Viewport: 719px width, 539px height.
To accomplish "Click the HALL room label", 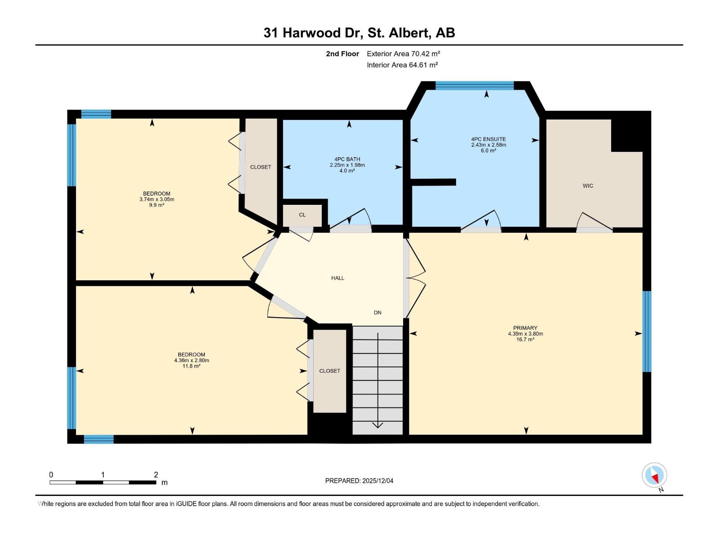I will [x=337, y=278].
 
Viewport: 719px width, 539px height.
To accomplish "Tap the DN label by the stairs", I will [x=377, y=313].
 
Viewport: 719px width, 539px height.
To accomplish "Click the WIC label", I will [x=588, y=186].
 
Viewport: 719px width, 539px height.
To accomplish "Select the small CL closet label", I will [x=302, y=215].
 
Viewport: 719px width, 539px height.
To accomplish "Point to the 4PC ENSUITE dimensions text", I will [x=488, y=145].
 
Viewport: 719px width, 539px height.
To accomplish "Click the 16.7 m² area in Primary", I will [x=525, y=340].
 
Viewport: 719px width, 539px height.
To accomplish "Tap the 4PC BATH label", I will [x=347, y=159].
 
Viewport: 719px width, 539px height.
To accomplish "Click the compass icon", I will [x=654, y=475].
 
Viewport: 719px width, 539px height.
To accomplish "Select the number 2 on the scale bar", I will [x=156, y=475].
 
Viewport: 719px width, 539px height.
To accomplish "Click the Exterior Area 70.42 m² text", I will [x=403, y=53].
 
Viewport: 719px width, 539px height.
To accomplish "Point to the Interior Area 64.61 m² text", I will [x=402, y=65].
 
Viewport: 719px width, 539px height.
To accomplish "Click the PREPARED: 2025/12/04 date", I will [x=359, y=481].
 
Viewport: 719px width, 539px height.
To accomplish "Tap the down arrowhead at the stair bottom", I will [x=377, y=424].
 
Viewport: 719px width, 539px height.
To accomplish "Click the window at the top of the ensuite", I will [x=475, y=85].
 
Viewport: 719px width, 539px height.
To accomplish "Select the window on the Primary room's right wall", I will [x=647, y=331].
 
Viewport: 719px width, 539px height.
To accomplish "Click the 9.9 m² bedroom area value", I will [x=156, y=205].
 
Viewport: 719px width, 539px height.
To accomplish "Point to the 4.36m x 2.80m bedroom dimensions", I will [x=191, y=360].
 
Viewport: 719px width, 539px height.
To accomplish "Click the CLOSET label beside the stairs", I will [x=329, y=371].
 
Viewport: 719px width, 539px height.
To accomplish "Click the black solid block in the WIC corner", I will [x=628, y=135].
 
